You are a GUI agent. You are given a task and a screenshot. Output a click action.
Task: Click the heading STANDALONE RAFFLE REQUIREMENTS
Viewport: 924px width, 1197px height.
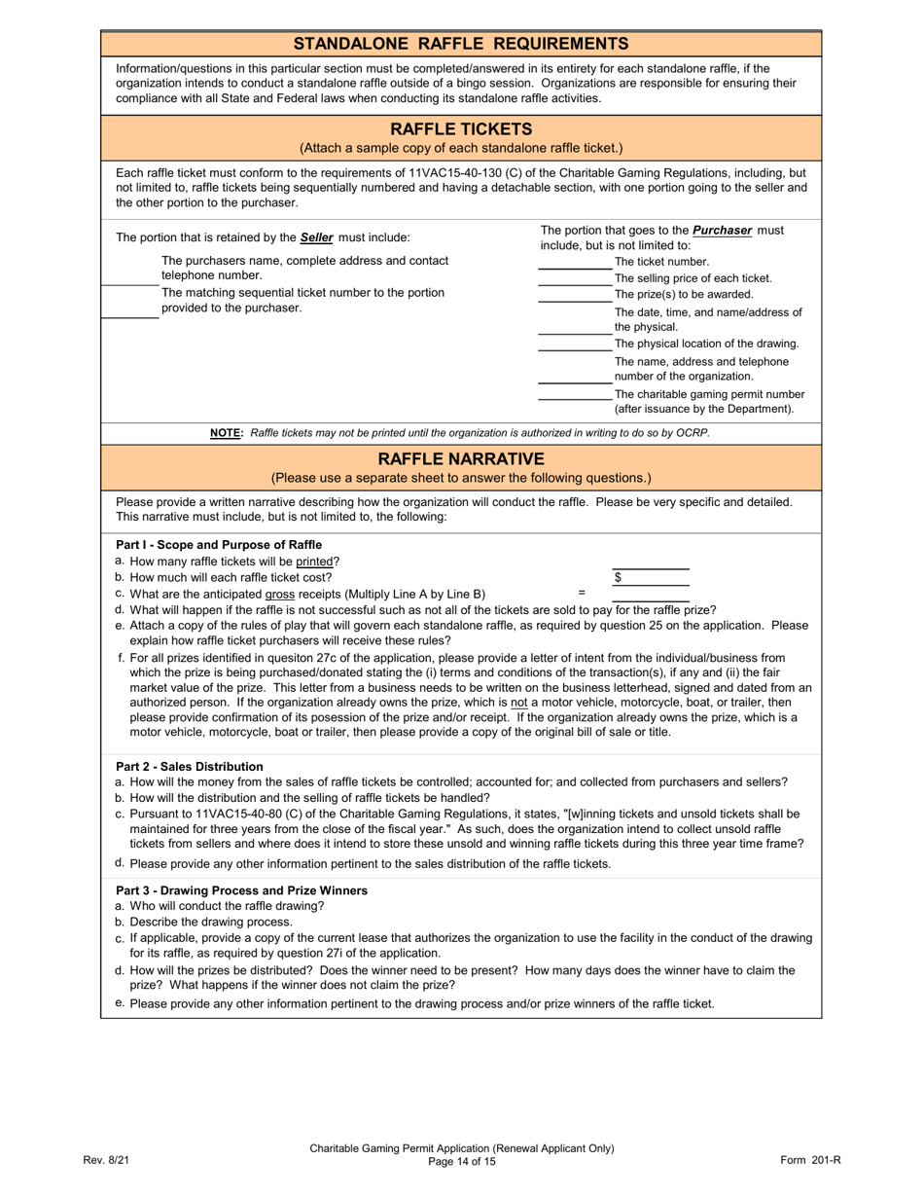pos(461,44)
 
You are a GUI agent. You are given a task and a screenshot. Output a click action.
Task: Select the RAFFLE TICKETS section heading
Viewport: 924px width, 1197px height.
pos(461,129)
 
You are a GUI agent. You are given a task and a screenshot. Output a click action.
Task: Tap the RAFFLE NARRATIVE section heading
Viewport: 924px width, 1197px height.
pos(461,458)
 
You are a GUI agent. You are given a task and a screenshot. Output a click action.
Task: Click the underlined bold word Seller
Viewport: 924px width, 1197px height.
pos(317,237)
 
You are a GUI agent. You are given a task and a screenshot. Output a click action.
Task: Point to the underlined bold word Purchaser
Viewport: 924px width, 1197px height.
pos(721,231)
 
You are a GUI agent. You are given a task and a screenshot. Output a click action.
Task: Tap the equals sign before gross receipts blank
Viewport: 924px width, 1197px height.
pos(582,592)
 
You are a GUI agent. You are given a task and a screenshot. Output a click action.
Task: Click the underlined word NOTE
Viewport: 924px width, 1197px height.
pos(226,433)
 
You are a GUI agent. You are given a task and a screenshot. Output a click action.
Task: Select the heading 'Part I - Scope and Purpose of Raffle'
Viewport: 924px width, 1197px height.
pos(219,545)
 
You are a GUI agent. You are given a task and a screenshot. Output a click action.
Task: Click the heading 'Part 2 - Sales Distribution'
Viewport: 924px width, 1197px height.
pos(190,767)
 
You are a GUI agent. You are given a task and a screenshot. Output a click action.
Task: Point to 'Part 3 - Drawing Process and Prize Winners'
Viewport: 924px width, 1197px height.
pos(241,890)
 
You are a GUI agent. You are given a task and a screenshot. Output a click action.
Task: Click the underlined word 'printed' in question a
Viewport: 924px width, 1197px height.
pos(316,562)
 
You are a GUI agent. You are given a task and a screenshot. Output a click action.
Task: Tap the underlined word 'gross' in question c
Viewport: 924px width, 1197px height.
pos(280,595)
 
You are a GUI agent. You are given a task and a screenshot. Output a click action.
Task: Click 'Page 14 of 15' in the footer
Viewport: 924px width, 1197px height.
pos(461,1162)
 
